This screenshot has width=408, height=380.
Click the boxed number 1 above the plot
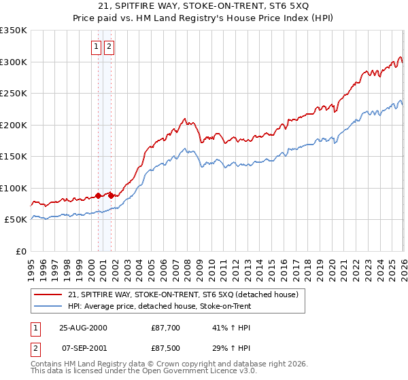pos(96,47)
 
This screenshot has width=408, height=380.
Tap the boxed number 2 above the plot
pos(109,47)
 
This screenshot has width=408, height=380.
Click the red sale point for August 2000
pos(99,195)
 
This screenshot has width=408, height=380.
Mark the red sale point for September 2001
pos(112,195)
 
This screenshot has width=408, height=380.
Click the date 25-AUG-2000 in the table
pos(83,328)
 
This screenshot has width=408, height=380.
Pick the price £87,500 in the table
pos(166,348)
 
